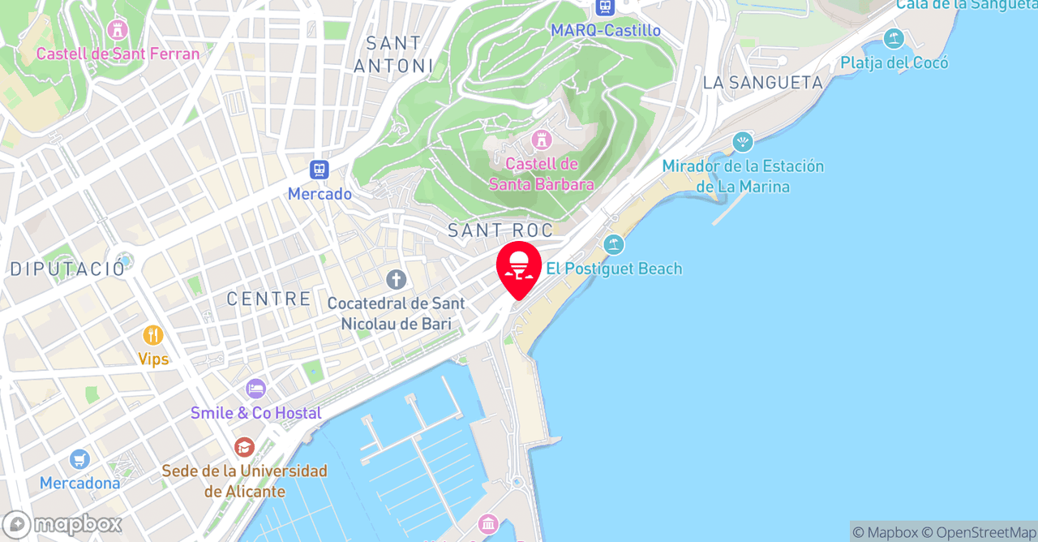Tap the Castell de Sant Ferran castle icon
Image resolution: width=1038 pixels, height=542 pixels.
tap(118, 30)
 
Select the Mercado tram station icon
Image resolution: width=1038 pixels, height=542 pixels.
tap(320, 170)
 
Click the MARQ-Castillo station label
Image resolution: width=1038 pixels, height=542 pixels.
tap(605, 30)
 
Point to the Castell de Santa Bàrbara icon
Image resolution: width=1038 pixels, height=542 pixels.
tap(541, 140)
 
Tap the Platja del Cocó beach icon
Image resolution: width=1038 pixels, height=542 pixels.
tap(894, 38)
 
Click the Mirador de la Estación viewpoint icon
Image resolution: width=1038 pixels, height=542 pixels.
tap(742, 143)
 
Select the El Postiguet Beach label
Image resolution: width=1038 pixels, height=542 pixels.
tap(613, 269)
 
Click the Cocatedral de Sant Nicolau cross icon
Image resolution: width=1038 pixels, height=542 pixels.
tap(396, 280)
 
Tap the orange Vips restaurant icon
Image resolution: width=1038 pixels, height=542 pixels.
tap(152, 335)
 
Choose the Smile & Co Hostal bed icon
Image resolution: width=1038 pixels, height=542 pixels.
tap(255, 389)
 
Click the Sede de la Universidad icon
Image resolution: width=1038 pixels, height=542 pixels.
tap(244, 447)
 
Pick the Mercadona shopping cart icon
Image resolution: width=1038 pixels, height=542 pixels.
tap(79, 459)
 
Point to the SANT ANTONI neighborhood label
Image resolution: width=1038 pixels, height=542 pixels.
tap(393, 54)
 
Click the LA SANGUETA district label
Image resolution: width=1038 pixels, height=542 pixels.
tap(762, 83)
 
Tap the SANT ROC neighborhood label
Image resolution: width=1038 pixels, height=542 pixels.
tap(500, 230)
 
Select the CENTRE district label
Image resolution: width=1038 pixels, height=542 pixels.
tap(268, 299)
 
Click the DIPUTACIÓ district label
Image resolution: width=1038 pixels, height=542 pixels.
tap(67, 269)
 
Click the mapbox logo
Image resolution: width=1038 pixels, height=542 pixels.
tap(62, 524)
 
